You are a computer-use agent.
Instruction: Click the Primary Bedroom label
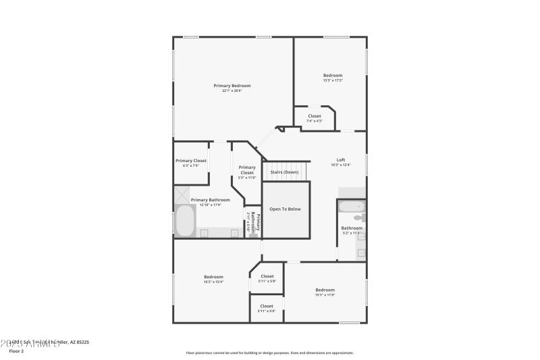click(232, 86)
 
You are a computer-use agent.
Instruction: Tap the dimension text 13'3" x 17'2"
click(333, 80)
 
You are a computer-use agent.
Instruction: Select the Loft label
click(341, 160)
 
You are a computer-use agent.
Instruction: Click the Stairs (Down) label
click(284, 172)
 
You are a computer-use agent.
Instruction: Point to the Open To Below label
click(285, 209)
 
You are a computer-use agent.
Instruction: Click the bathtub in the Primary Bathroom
click(184, 220)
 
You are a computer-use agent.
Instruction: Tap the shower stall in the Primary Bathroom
click(183, 195)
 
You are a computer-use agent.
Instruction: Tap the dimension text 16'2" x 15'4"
click(213, 282)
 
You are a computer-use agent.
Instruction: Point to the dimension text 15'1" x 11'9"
click(325, 295)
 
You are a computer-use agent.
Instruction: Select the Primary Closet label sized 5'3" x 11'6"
click(247, 170)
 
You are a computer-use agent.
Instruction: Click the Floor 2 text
click(16, 351)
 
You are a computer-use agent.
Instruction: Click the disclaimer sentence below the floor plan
click(269, 353)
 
